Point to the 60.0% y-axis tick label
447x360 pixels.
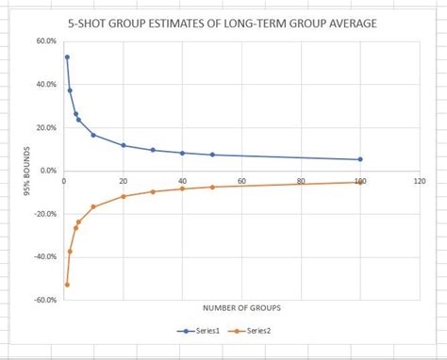[x=46, y=41]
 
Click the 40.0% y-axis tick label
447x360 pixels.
[x=46, y=84]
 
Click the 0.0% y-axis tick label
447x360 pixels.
[x=48, y=171]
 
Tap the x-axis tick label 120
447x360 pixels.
[x=419, y=180]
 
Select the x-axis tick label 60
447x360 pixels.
[x=241, y=180]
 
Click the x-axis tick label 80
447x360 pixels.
[x=301, y=180]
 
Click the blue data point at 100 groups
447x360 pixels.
[x=360, y=159]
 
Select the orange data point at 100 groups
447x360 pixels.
[x=360, y=182]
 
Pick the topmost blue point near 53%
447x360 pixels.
[x=67, y=57]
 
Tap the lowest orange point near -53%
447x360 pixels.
[x=67, y=285]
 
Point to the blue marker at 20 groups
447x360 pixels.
[x=124, y=145]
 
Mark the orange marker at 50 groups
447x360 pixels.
[x=212, y=187]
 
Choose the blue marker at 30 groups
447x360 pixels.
[x=153, y=150]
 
